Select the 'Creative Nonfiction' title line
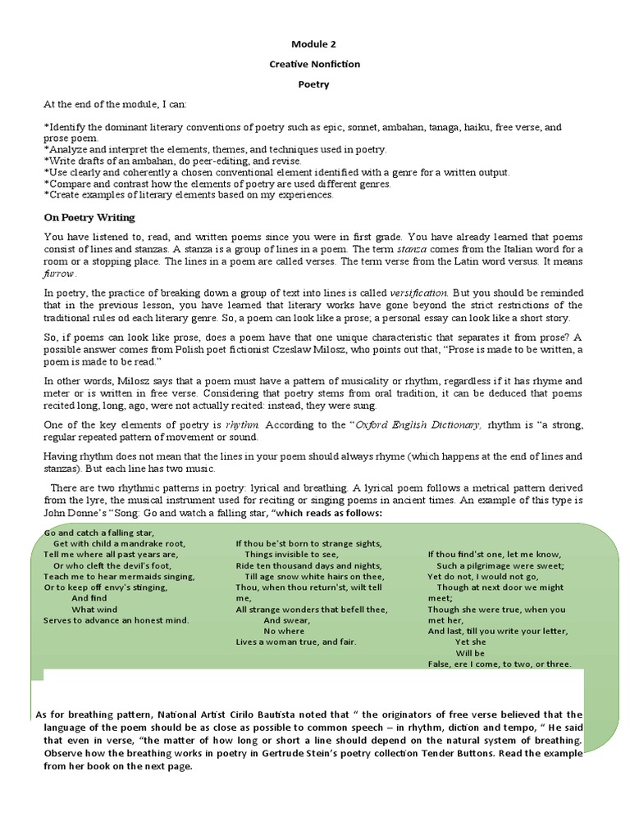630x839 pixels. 315,64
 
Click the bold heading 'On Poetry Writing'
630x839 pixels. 89,218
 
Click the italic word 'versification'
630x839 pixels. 418,293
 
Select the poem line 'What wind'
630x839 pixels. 95,610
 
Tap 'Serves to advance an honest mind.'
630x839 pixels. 116,620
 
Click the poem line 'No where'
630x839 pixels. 284,631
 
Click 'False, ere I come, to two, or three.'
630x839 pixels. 500,664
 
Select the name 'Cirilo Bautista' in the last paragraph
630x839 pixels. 238,714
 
